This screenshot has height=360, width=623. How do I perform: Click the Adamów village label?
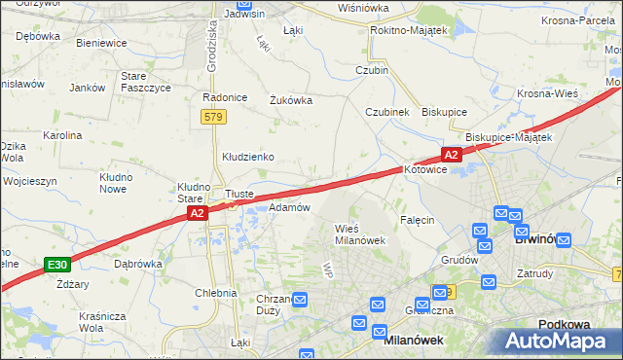coord(289,207)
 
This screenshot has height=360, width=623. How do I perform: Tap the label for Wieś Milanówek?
coord(360,234)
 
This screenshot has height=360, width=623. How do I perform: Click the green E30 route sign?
coord(57,265)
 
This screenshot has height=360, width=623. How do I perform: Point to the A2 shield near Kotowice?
coord(451,155)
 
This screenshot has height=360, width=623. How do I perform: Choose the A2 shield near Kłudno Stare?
coord(197,213)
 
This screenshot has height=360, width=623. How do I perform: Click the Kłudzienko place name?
coord(247,157)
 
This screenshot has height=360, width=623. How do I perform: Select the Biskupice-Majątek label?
coord(508,137)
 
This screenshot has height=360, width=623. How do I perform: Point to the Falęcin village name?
coord(416,220)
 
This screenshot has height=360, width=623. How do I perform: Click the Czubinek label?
coord(386,112)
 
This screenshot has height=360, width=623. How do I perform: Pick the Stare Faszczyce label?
coord(145,82)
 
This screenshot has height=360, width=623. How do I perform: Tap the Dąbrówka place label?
coord(137,263)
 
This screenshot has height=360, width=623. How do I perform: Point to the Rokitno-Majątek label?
coord(408,31)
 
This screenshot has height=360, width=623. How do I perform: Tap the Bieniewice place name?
coord(101,44)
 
